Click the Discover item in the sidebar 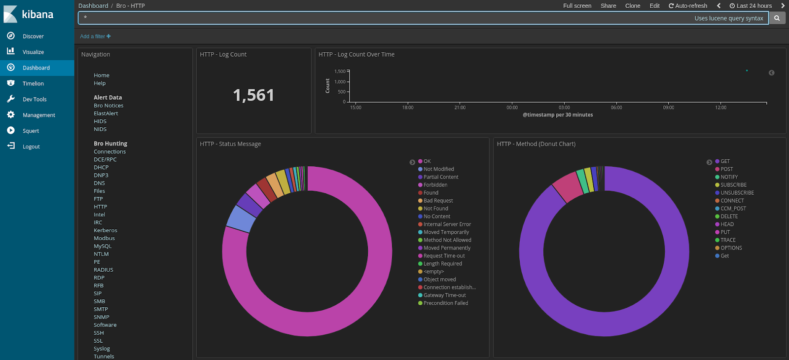[33, 36]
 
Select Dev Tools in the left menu [34, 100]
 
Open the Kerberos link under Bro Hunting [105, 230]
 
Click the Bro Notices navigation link [108, 106]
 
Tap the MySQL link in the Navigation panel [103, 246]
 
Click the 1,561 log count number [253, 95]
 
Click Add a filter [95, 36]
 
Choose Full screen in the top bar [577, 6]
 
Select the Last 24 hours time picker [751, 6]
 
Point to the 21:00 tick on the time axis [460, 107]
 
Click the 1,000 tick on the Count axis [340, 82]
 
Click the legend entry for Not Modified [438, 169]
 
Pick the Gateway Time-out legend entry [444, 295]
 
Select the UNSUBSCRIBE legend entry [737, 193]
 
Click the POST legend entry [726, 169]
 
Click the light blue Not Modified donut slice [241, 218]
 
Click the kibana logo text [37, 14]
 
